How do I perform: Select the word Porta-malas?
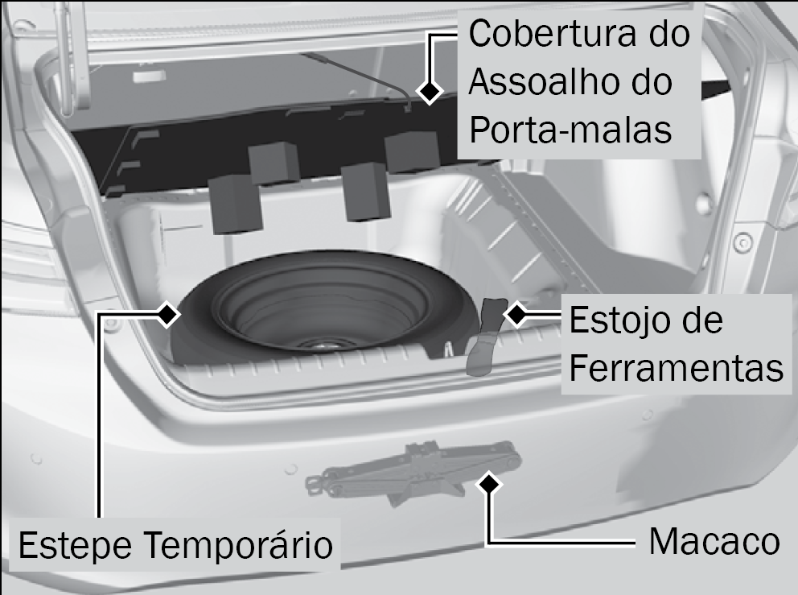[x=570, y=130]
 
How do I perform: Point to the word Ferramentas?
[x=677, y=368]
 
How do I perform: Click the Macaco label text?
[x=714, y=542]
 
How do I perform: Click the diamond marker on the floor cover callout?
[x=430, y=91]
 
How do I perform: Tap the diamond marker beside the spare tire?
[x=167, y=314]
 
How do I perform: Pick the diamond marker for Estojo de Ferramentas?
[x=517, y=314]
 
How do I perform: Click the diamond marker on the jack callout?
[x=490, y=483]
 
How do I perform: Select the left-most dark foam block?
[x=235, y=204]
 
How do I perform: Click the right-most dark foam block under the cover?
[x=412, y=152]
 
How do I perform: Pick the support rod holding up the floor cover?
[x=356, y=81]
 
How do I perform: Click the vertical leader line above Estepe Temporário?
[x=100, y=415]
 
